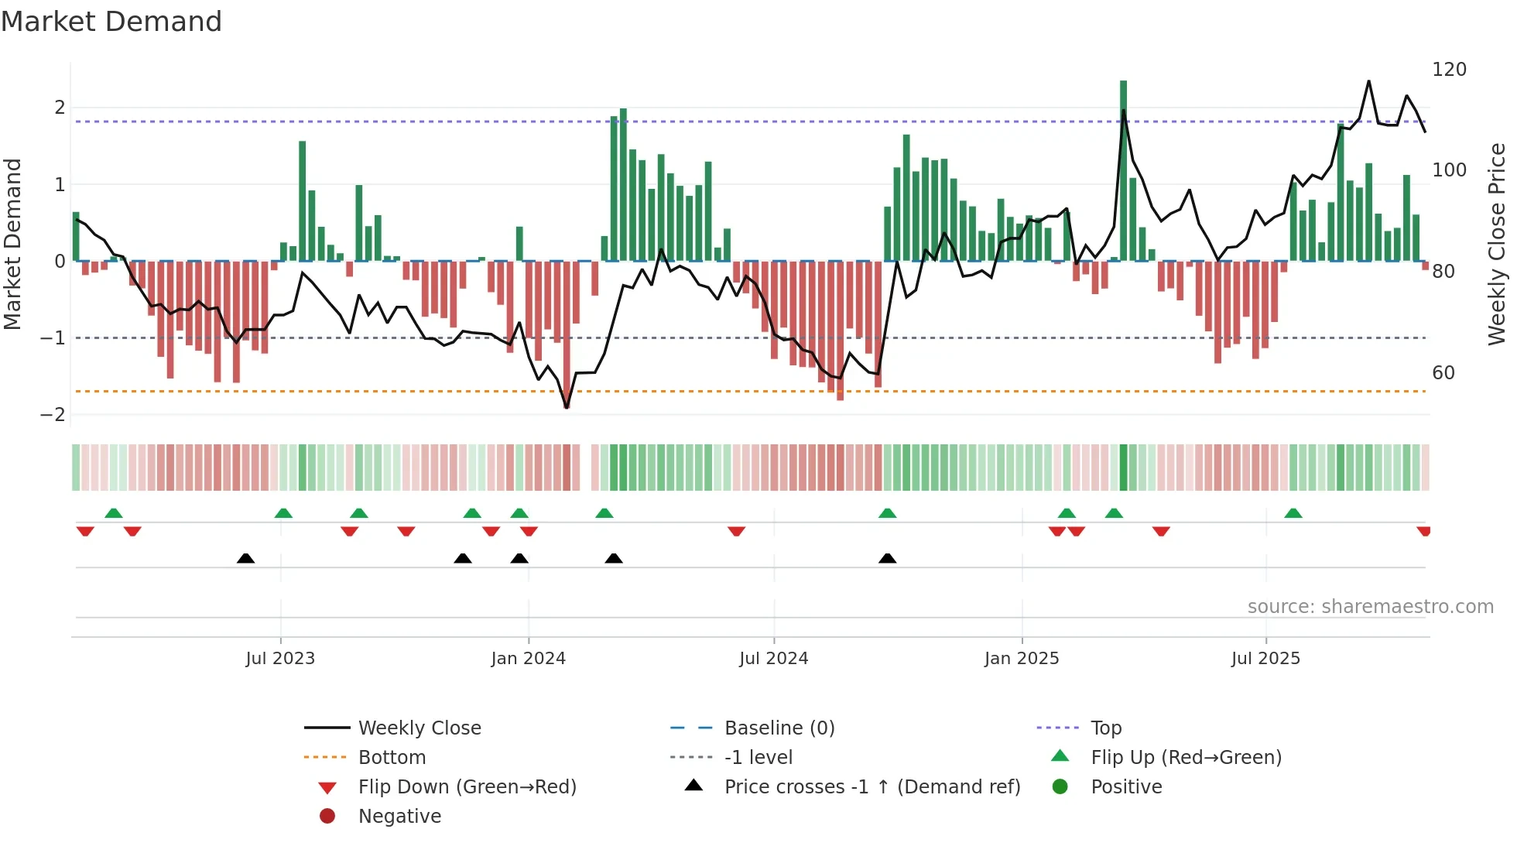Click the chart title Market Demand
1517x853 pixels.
pos(111,22)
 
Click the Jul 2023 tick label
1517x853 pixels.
pos(280,659)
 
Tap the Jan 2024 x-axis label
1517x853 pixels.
pos(528,659)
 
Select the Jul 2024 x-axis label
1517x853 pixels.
pos(773,659)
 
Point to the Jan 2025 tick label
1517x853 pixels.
pos(1022,659)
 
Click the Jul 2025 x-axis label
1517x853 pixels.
pos(1265,659)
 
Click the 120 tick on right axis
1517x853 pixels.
pos(1449,70)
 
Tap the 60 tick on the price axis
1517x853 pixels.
pos(1443,373)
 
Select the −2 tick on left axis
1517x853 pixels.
pos(53,415)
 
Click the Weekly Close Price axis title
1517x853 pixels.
pos(1497,244)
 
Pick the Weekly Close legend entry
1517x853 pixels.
pos(419,728)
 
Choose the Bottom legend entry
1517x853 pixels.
pos(392,758)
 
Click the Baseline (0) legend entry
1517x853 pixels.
pos(779,728)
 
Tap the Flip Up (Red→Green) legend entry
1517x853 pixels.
pos(1186,758)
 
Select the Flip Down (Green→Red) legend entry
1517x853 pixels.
pos(467,787)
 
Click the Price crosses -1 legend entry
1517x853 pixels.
pos(872,787)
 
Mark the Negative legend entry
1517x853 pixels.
pos(399,817)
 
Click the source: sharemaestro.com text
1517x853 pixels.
pos(1370,607)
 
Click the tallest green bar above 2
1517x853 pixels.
pos(1123,170)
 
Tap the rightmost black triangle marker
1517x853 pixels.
pos(888,558)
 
